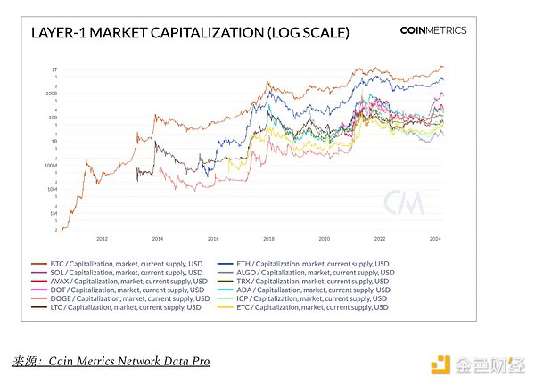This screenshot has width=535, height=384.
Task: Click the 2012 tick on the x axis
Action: point(102,239)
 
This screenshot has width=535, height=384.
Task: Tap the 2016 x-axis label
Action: point(213,239)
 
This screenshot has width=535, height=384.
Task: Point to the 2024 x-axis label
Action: point(434,239)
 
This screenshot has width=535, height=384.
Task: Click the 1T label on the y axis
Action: point(53,69)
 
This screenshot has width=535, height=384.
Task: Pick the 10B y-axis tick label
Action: point(52,118)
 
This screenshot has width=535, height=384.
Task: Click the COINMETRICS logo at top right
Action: point(432,30)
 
